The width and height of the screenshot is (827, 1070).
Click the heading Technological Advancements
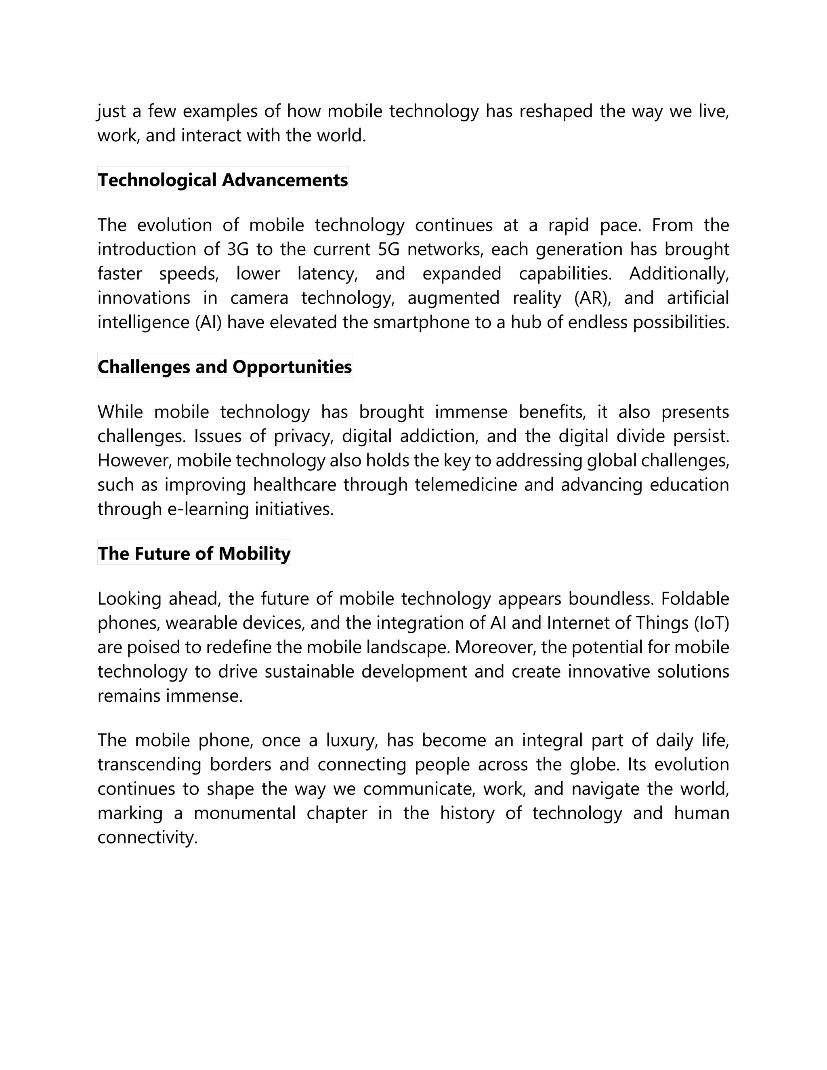click(x=222, y=180)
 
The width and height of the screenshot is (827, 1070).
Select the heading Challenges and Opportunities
click(x=225, y=367)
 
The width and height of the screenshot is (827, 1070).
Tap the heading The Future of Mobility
click(x=194, y=553)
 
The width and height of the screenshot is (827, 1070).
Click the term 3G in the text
click(x=238, y=250)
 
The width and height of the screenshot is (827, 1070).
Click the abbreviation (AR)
click(x=592, y=298)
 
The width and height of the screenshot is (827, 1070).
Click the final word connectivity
click(x=147, y=837)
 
